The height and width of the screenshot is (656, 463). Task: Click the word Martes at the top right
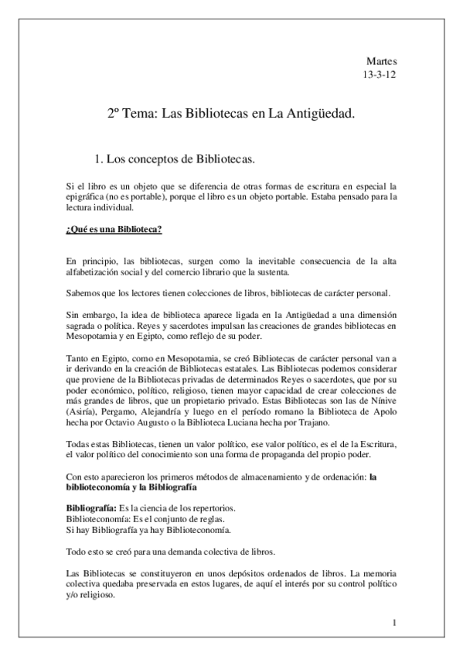(x=382, y=61)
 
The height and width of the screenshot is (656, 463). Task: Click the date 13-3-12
(x=380, y=76)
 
